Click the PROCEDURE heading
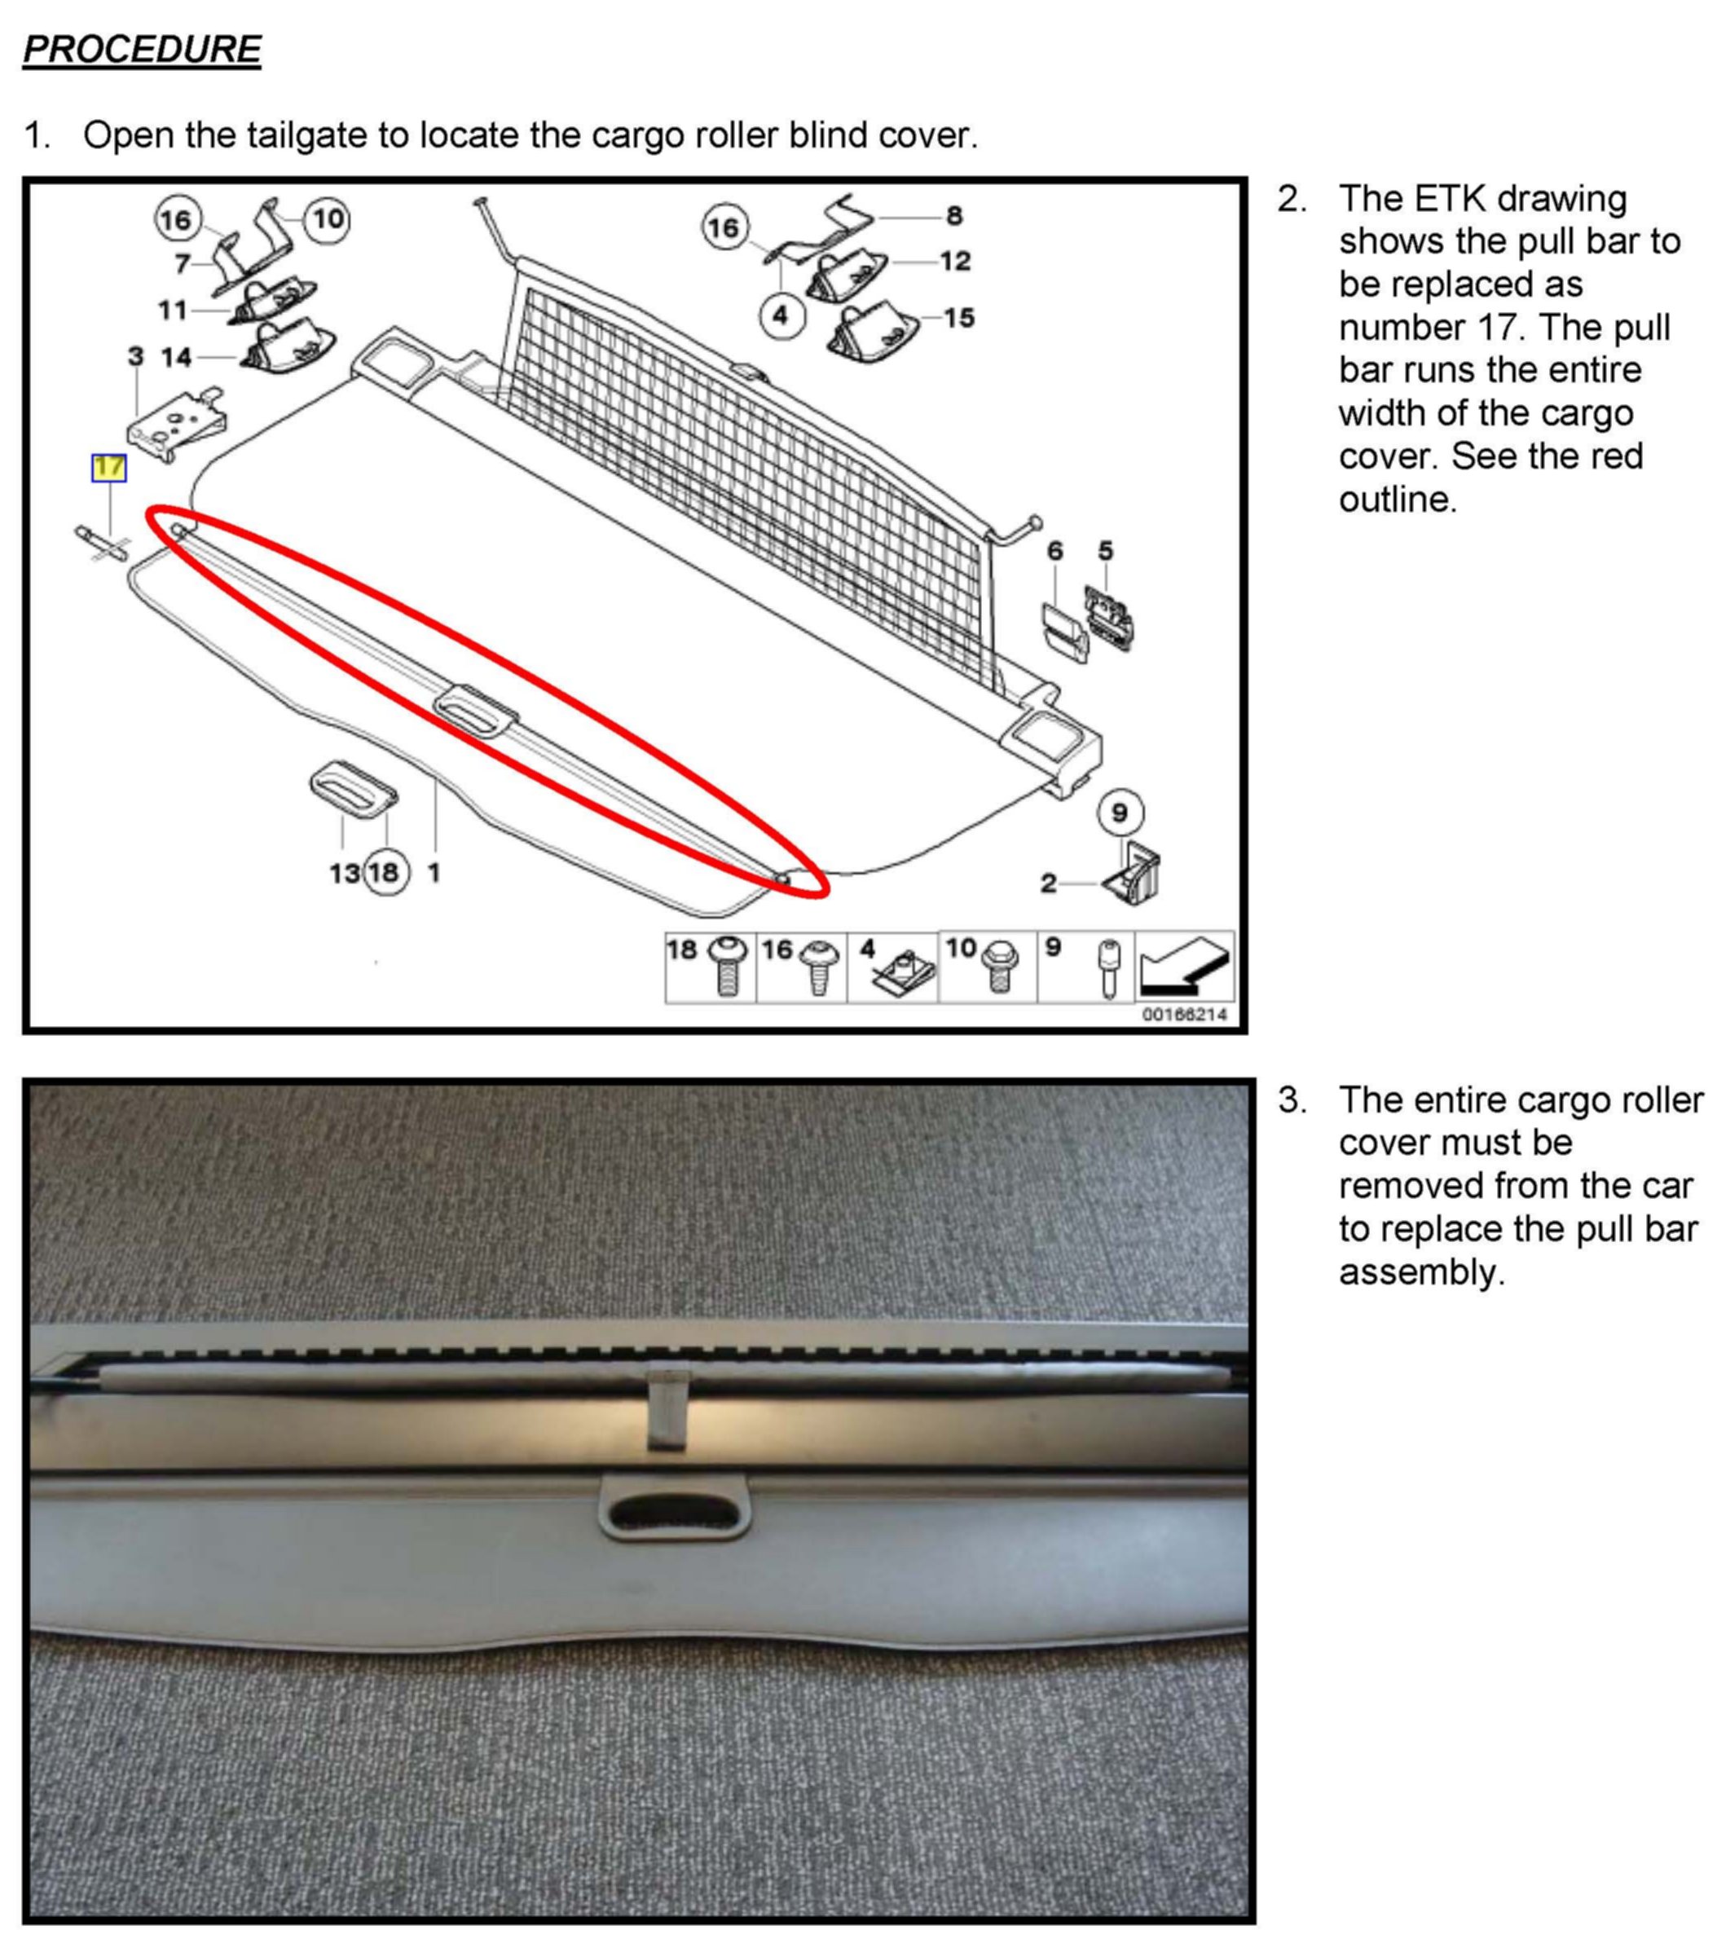[x=141, y=49]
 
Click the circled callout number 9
[x=1119, y=813]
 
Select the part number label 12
[x=955, y=261]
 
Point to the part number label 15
[x=959, y=318]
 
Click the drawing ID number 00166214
[x=1184, y=1014]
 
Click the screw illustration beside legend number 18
[x=727, y=967]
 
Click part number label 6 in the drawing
[x=1054, y=551]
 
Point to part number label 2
[x=1049, y=884]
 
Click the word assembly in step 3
[x=1421, y=1272]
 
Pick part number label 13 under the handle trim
[x=345, y=873]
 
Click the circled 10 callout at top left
[x=328, y=219]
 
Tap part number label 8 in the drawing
[x=954, y=216]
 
